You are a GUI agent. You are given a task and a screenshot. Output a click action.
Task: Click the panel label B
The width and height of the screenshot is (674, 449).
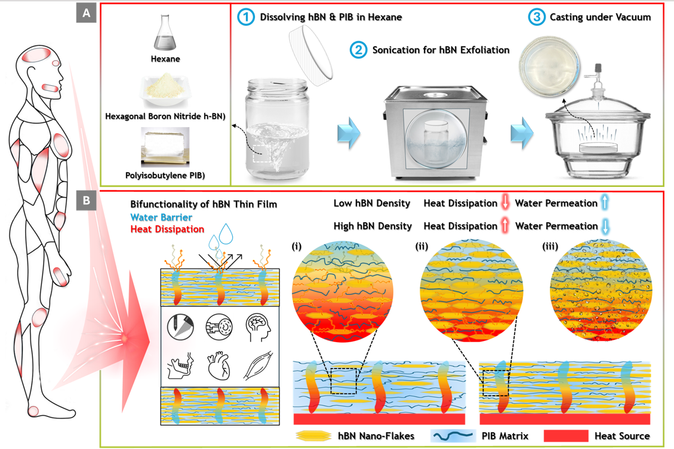(x=87, y=201)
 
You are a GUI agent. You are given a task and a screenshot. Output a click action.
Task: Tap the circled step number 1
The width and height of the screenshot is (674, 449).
(x=246, y=17)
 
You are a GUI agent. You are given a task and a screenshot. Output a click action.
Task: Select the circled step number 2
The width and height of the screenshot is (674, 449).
(x=358, y=50)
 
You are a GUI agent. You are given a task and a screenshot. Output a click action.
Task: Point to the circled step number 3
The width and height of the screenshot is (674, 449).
(x=537, y=17)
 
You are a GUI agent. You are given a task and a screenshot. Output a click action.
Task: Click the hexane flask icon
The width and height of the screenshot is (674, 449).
(x=165, y=34)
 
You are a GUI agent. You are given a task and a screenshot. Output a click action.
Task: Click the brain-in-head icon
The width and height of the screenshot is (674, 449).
(x=258, y=328)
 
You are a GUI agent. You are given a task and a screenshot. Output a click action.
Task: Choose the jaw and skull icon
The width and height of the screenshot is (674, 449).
(x=181, y=364)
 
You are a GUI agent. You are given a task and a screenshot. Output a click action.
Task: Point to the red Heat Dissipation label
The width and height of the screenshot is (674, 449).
(x=167, y=229)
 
